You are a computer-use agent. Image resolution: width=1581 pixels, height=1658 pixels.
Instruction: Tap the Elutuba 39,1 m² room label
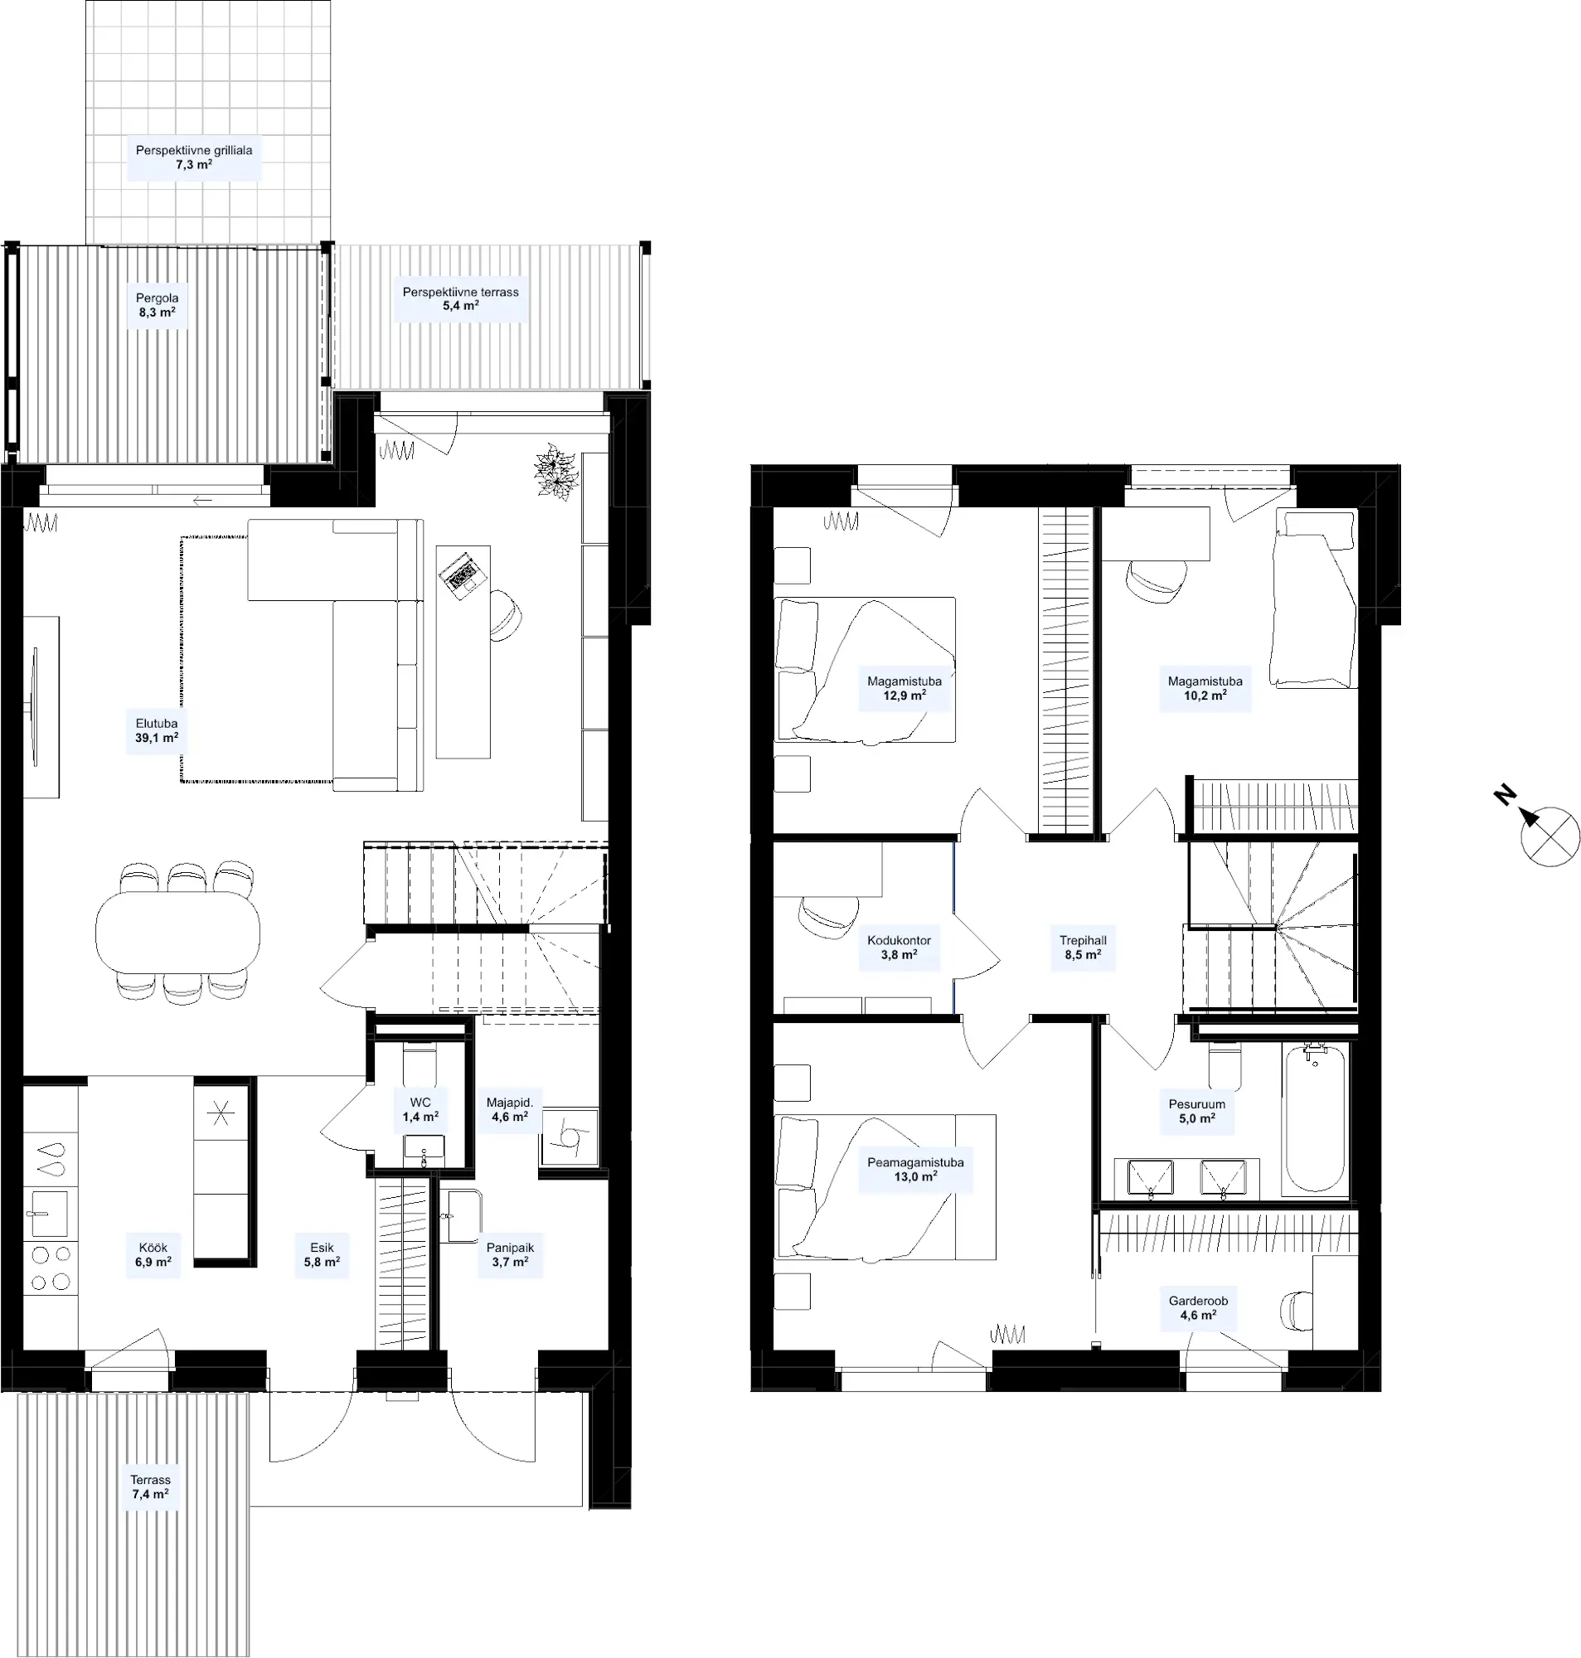[x=157, y=730]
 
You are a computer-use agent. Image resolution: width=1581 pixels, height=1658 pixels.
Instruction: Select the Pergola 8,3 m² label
[x=157, y=305]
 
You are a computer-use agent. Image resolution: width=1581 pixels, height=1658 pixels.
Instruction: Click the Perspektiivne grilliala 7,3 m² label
[x=194, y=158]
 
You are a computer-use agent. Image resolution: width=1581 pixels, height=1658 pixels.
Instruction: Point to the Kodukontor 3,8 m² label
[x=900, y=947]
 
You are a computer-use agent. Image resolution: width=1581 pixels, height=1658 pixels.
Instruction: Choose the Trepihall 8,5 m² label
[x=1083, y=947]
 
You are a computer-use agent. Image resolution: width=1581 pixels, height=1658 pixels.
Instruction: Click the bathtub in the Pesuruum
[x=1315, y=1119]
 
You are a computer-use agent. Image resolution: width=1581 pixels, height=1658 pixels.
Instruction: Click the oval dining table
[x=177, y=933]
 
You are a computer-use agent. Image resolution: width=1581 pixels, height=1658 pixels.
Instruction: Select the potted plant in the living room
[x=556, y=472]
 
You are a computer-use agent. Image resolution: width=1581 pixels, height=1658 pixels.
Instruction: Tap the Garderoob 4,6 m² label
[x=1197, y=1307]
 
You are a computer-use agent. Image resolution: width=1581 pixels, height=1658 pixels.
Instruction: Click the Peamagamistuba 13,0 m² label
[x=915, y=1170]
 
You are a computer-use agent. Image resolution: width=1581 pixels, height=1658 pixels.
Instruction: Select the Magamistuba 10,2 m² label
[x=1205, y=688]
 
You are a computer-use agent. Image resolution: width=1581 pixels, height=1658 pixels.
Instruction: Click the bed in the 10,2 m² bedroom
[x=1314, y=598]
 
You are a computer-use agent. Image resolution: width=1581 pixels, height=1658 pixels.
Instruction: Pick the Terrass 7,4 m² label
[x=151, y=1487]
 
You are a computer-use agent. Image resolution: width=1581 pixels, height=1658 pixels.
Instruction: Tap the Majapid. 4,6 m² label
[x=510, y=1109]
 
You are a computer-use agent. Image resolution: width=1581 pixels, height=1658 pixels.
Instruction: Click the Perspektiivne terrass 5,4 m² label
[x=460, y=299]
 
